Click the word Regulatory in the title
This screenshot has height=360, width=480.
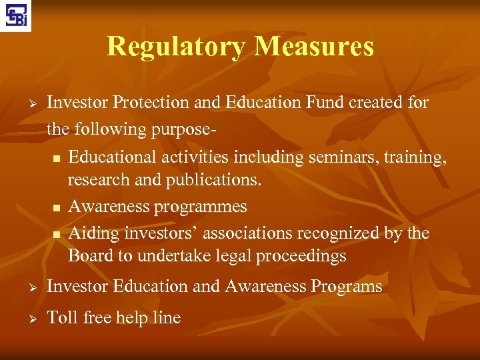pos(177,46)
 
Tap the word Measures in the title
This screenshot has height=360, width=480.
pos(314,46)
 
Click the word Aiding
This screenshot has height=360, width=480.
pos(91,233)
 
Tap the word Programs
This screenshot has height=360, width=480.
pos(346,287)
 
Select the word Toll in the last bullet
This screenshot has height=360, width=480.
pos(63,317)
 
